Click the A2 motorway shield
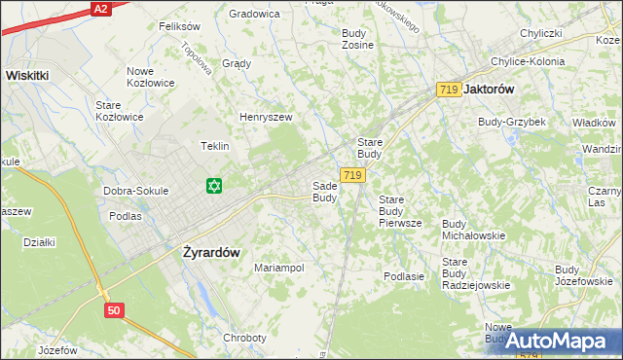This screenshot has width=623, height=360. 100,9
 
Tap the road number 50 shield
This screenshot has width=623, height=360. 115,309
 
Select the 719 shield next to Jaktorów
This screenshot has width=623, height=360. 449,90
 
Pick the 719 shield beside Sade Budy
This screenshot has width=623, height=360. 353,175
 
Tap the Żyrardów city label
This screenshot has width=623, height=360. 211,251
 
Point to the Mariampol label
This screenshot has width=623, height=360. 279,268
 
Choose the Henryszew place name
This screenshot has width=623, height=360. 266,118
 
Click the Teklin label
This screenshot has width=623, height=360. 214,146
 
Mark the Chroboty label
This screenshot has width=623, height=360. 244,338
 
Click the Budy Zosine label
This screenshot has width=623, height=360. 358,39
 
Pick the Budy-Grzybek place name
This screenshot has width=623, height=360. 511,122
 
